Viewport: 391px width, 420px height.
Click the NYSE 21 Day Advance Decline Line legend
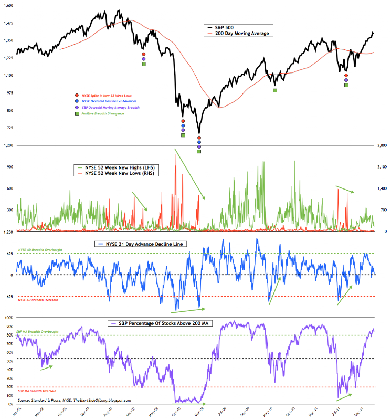pyautogui.click(x=134, y=244)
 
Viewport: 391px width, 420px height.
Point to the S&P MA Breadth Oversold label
pyautogui.click(x=35, y=391)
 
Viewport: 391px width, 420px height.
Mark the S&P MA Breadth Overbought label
pyautogui.click(x=37, y=332)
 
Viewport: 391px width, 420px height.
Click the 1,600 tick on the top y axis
pyautogui.click(x=8, y=5)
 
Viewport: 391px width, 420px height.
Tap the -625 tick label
pyautogui.click(x=9, y=297)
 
